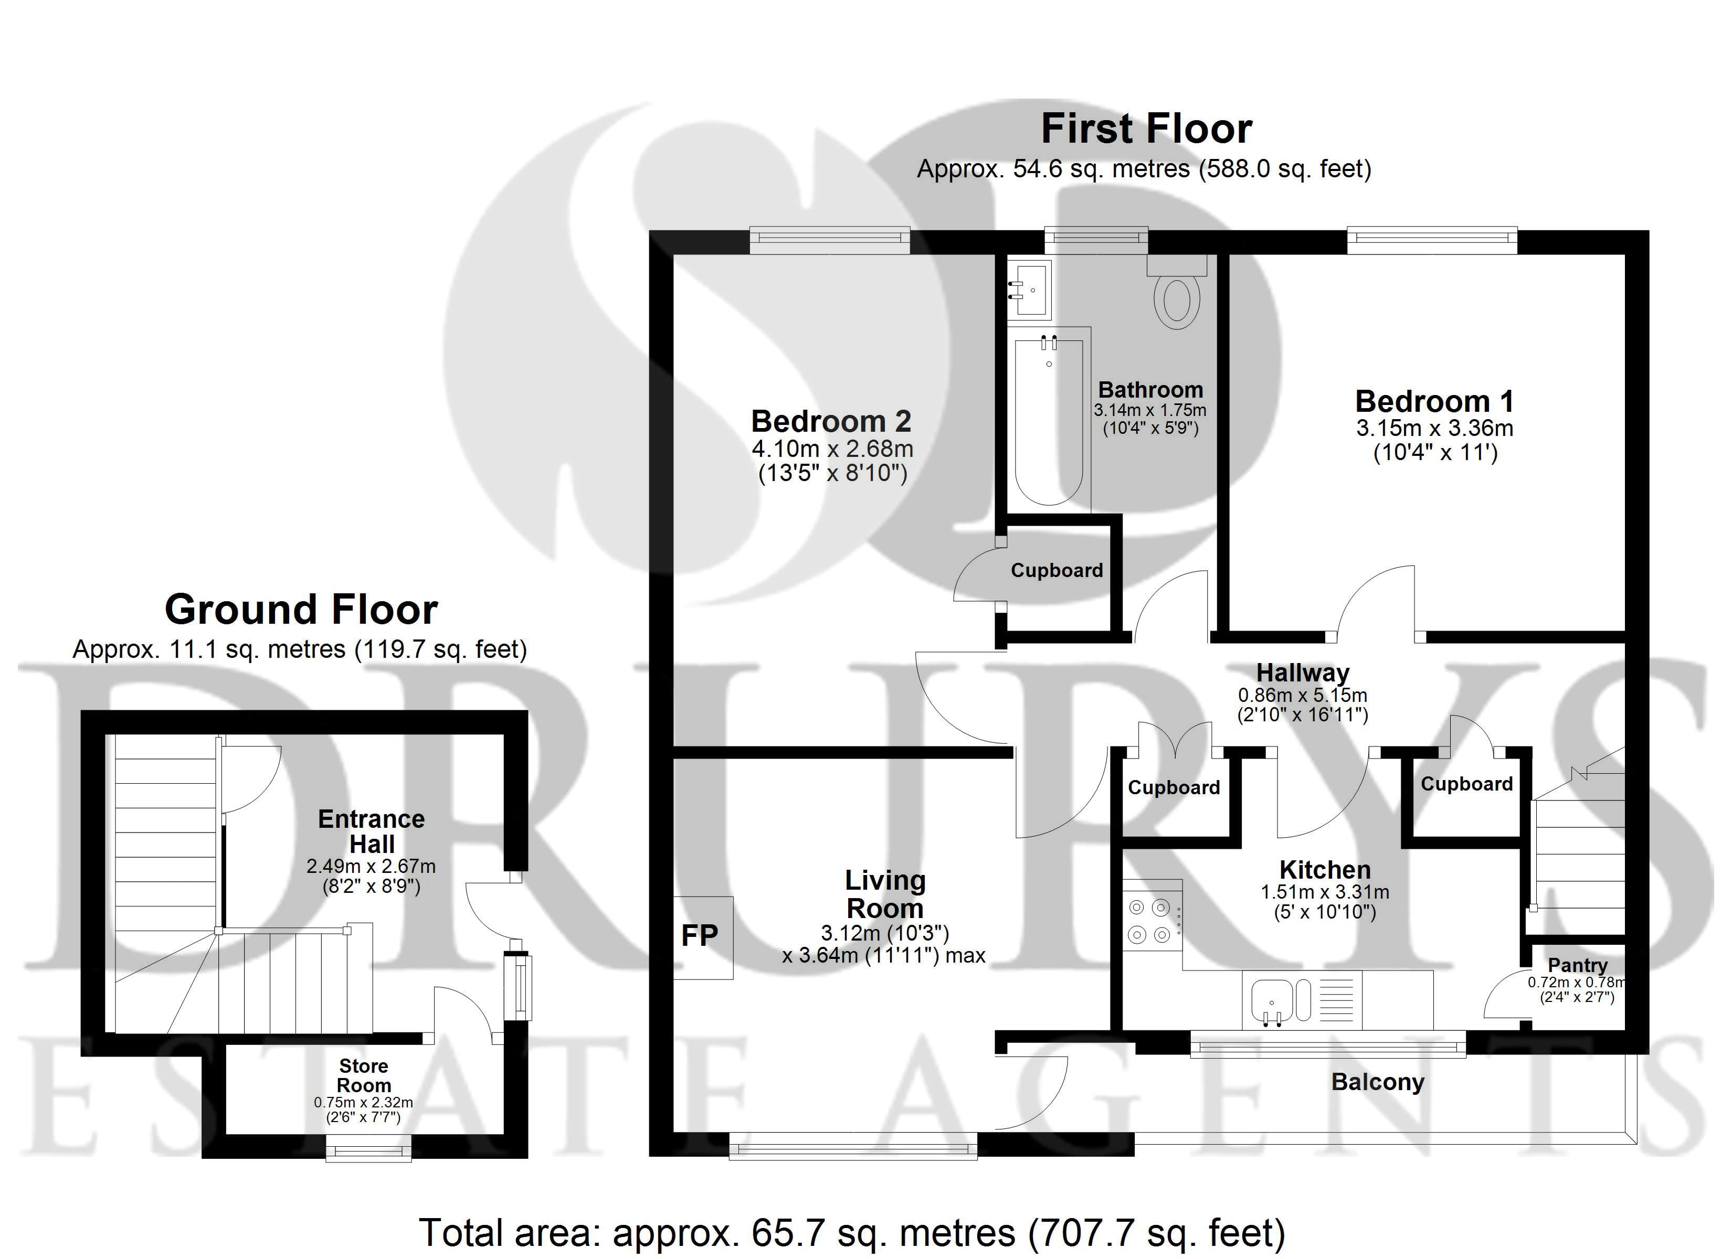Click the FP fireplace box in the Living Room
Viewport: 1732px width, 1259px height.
[x=703, y=937]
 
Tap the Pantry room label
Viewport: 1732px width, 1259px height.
[x=1577, y=966]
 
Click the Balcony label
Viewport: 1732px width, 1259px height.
[x=1378, y=1083]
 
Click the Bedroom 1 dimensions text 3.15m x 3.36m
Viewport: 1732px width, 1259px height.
[x=1435, y=428]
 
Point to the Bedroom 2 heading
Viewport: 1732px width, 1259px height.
[x=832, y=421]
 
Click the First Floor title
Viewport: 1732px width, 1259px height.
[x=1146, y=129]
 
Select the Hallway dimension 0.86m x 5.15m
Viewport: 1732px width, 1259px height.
[x=1302, y=695]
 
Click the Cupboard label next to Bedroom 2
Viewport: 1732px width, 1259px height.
[x=1057, y=570]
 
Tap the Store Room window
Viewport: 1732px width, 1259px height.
[x=368, y=1148]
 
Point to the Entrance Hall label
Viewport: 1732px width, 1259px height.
[x=372, y=831]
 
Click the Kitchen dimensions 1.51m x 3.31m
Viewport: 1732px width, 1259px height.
[x=1325, y=892]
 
